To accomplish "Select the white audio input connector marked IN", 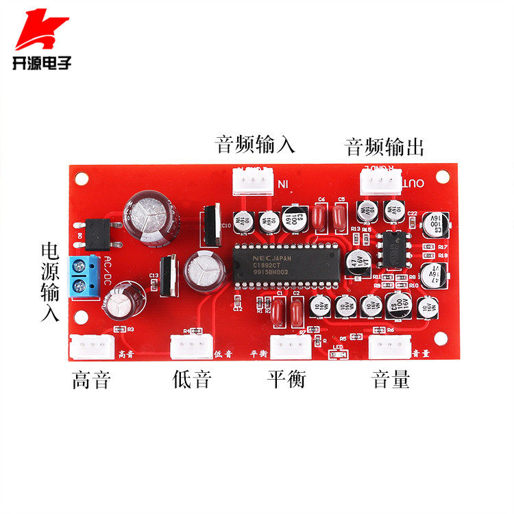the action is click(x=251, y=181).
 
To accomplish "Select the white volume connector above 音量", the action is click(x=389, y=346).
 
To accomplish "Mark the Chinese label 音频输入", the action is click(x=255, y=145).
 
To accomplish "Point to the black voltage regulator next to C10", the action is click(x=210, y=225).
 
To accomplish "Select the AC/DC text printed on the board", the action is click(x=108, y=271).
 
